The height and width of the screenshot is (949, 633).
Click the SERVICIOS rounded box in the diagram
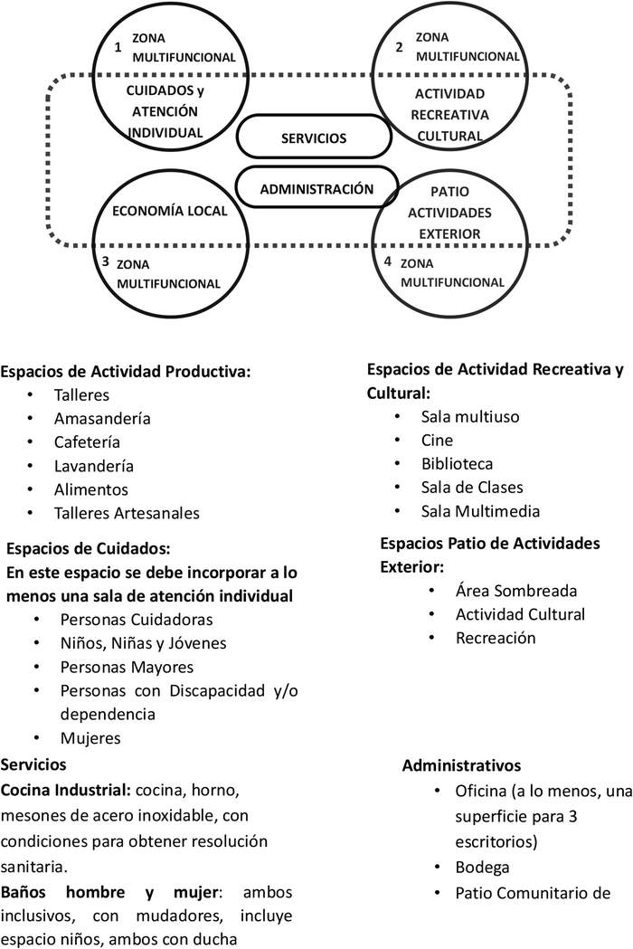[x=314, y=138]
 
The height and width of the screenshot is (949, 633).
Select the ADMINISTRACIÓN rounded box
[x=316, y=189]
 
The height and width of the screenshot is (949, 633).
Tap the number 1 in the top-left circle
[x=118, y=47]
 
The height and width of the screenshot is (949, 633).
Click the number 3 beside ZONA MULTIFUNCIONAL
[x=106, y=261]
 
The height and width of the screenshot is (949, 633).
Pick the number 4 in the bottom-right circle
[x=387, y=261]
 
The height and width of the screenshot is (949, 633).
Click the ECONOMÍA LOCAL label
[x=169, y=211]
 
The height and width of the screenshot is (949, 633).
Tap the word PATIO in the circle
[x=449, y=191]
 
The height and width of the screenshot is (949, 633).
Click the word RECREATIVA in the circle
[x=449, y=115]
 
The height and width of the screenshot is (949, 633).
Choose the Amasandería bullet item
[x=102, y=419]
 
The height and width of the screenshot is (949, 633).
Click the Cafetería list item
[x=87, y=442]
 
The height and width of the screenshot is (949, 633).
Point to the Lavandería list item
[x=94, y=466]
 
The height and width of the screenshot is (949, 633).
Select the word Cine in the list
[x=438, y=441]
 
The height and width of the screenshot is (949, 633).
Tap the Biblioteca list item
[x=457, y=464]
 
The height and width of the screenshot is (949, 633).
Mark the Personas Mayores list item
[x=127, y=667]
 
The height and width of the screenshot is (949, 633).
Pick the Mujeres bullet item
[x=90, y=737]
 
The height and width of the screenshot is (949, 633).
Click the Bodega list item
[x=483, y=868]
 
